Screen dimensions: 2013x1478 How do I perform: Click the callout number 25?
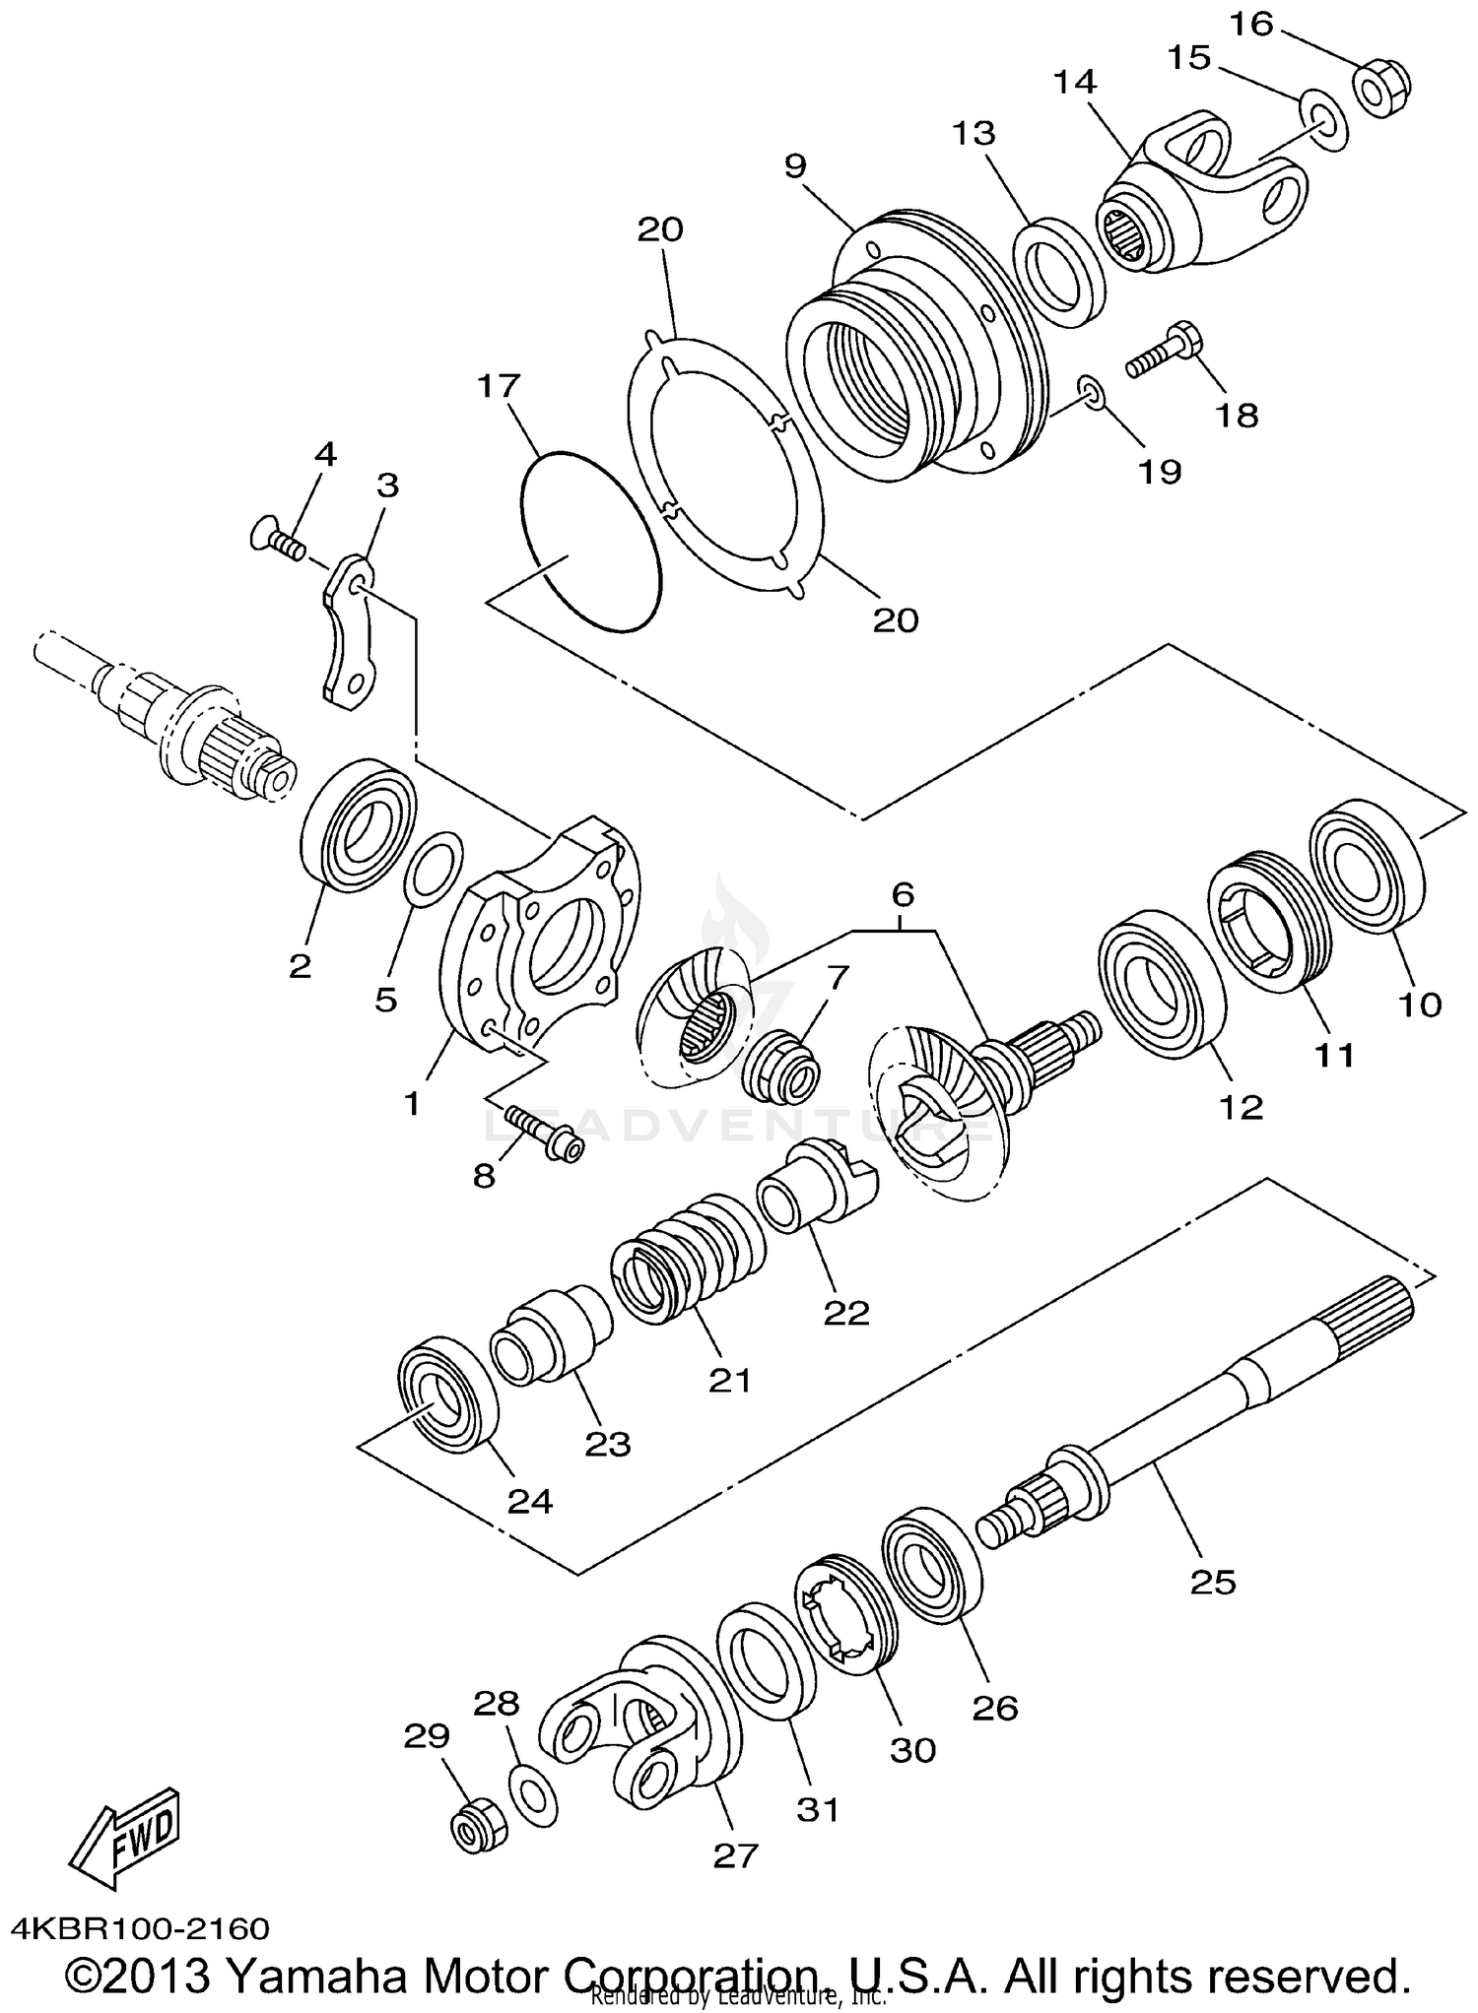[1212, 1582]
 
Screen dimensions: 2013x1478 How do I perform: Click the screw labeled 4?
[277, 538]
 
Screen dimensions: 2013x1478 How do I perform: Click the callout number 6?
[903, 894]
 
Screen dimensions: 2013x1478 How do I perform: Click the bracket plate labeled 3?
[351, 635]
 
